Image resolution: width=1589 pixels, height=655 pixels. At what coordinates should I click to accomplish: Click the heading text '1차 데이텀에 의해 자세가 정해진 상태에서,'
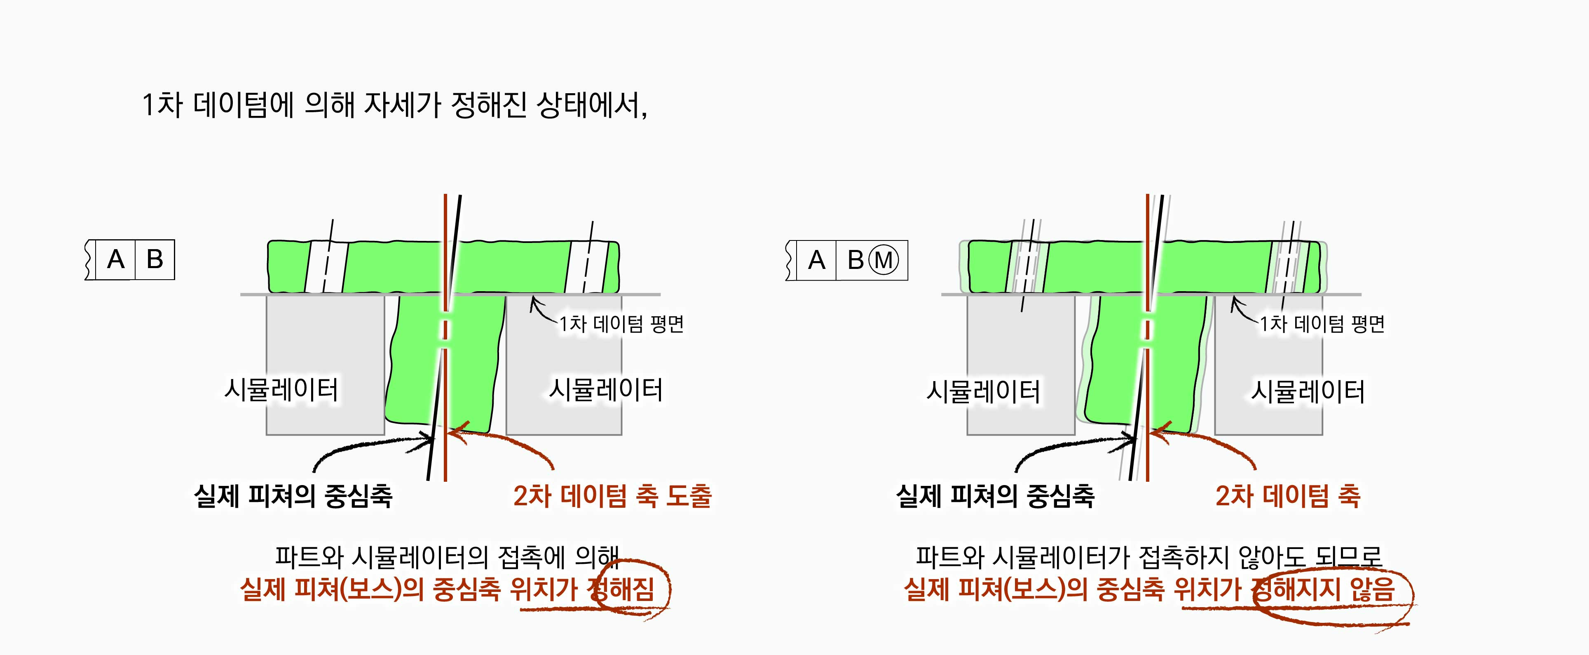(395, 105)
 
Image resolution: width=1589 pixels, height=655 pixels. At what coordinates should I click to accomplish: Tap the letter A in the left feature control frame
(115, 260)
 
